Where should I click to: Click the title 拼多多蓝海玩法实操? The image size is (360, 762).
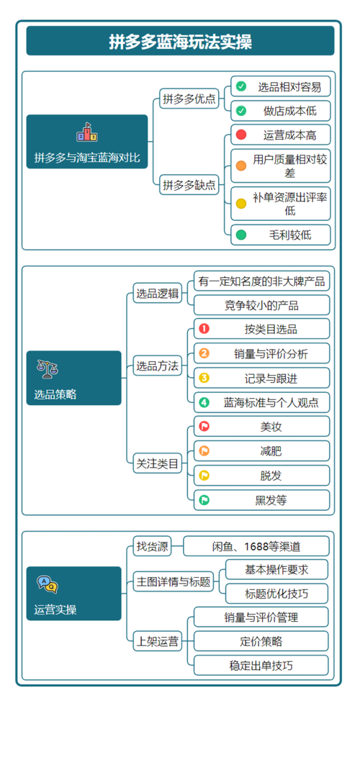180,41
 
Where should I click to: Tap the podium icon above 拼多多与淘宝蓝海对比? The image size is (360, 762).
87,132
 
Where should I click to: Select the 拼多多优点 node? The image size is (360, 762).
189,99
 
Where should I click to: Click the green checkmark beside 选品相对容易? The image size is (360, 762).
240,87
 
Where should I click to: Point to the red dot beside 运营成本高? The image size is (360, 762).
240,135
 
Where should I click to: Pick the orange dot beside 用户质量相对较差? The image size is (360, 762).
240,165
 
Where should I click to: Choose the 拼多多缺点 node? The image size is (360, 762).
189,185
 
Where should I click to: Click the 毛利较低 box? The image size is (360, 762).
280,235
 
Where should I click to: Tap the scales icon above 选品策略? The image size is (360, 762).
48,369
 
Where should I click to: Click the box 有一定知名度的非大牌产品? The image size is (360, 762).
262,281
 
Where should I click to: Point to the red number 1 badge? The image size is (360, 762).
204,329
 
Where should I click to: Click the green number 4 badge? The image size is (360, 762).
204,402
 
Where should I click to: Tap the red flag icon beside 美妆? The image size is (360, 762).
204,427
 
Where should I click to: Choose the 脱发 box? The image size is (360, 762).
262,476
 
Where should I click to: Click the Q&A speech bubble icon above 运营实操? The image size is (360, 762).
48,584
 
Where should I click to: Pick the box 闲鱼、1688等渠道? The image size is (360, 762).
256,546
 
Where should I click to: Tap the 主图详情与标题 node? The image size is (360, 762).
174,581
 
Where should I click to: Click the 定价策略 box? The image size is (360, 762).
261,641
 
